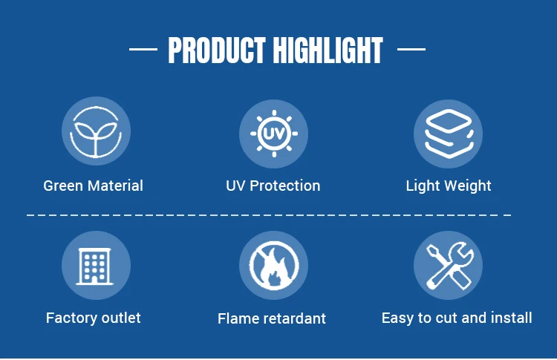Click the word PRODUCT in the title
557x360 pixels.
click(x=217, y=50)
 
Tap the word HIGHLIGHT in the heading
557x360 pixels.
click(x=328, y=50)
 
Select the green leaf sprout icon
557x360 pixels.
click(x=96, y=131)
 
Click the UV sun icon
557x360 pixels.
click(x=274, y=134)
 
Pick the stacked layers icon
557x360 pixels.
click(x=449, y=134)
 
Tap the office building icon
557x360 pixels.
click(x=94, y=266)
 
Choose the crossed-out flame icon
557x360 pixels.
click(x=274, y=266)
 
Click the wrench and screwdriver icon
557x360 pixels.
click(x=450, y=266)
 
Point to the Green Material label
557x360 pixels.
click(x=93, y=186)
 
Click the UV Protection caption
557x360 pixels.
click(x=273, y=186)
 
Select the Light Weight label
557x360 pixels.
click(x=449, y=186)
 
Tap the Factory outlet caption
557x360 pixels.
click(x=94, y=318)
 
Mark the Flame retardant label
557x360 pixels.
click(x=272, y=318)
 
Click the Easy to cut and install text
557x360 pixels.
click(x=457, y=318)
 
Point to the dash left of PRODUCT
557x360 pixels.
click(x=143, y=49)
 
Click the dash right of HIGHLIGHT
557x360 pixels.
click(x=411, y=49)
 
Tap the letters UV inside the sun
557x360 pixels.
click(x=274, y=134)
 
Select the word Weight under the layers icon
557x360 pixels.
click(x=468, y=186)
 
